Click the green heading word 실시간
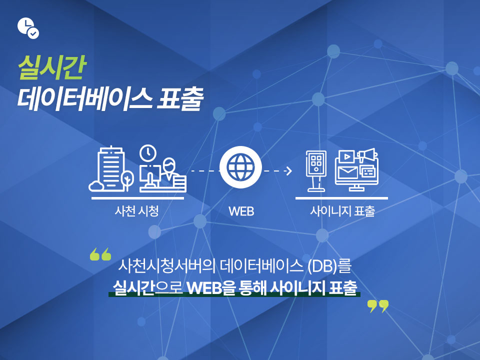[52, 67]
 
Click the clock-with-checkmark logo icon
[28, 28]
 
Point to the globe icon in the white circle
[240, 167]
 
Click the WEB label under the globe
[241, 211]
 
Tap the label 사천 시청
[137, 211]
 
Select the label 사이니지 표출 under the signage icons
[342, 211]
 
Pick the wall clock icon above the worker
[148, 152]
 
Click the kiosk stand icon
[316, 171]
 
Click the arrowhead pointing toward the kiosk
[288, 171]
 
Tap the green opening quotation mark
[100, 254]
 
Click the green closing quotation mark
[378, 306]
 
